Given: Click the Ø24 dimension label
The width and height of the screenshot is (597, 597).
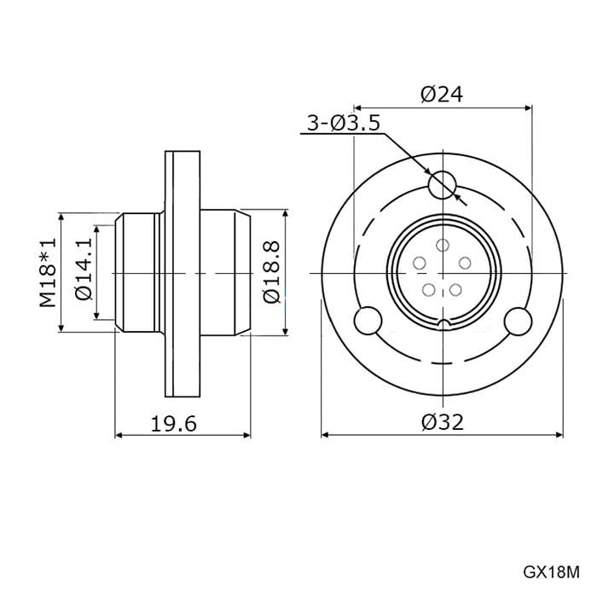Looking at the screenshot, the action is click(x=442, y=95).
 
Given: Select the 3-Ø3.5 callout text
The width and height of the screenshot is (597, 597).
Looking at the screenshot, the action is click(x=344, y=123).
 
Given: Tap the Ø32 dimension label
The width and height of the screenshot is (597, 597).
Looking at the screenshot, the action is click(x=443, y=422).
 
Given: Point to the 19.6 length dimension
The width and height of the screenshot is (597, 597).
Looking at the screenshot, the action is click(x=174, y=424).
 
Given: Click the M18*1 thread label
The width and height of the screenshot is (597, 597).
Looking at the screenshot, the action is click(x=48, y=273).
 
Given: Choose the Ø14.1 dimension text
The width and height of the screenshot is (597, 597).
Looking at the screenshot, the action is click(x=84, y=270).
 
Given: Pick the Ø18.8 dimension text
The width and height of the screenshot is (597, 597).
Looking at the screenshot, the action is click(x=271, y=272).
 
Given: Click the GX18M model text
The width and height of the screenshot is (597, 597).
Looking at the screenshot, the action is click(x=551, y=572).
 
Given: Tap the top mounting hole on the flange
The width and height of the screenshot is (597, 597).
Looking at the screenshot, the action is click(x=442, y=184).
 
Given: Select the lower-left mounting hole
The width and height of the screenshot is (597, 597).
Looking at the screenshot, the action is click(x=368, y=321).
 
